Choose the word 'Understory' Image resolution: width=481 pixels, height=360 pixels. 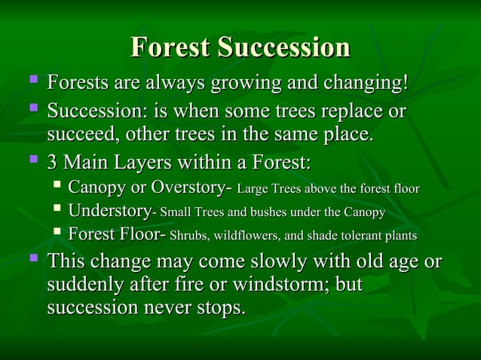(x=109, y=212)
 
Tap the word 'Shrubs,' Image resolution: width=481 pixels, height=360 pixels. (x=191, y=237)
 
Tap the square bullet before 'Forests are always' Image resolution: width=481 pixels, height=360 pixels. (x=32, y=80)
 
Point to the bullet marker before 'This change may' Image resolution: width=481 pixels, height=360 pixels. (x=32, y=260)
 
